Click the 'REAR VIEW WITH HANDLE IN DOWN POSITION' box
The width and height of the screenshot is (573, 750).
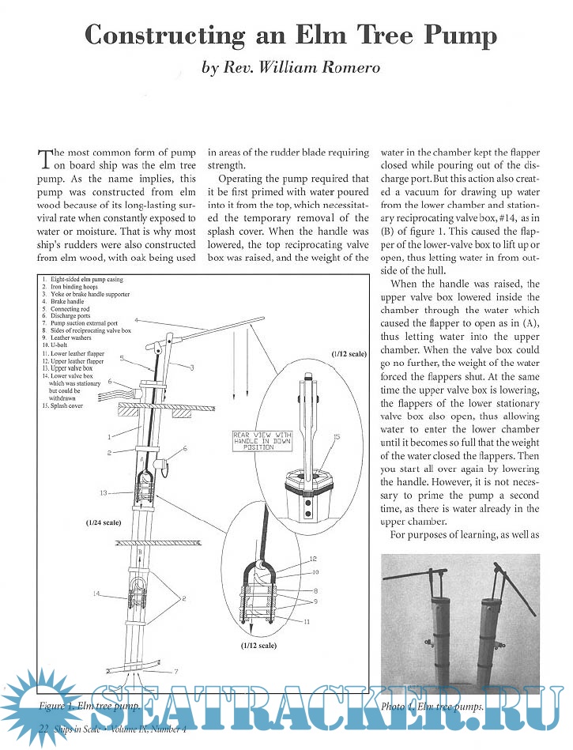262,440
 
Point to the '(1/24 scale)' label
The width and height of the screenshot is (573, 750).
105,522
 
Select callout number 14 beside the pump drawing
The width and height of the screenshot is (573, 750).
96,593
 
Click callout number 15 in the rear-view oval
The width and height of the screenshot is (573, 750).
337,437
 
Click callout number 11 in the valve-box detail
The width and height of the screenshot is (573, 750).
306,621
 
